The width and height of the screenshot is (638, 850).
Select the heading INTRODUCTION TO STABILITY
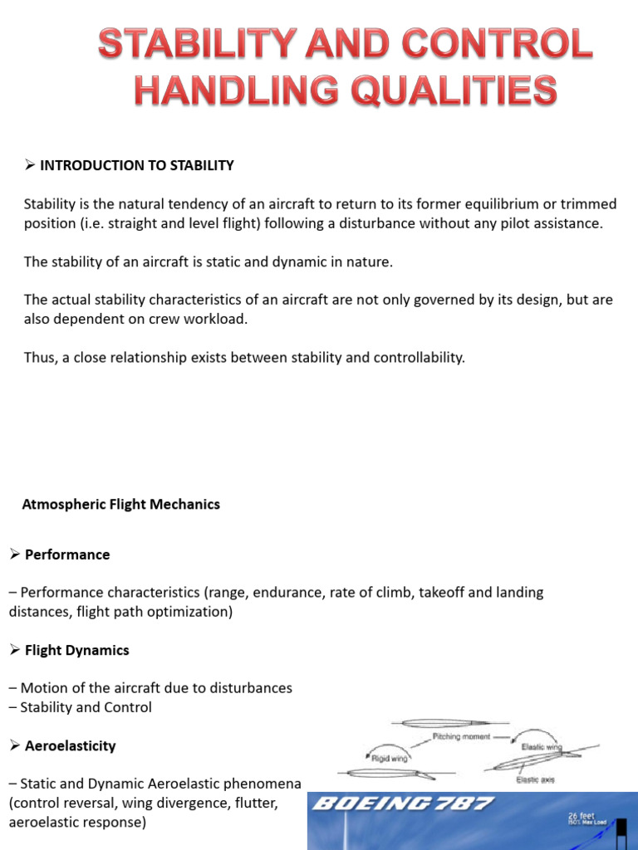click(137, 165)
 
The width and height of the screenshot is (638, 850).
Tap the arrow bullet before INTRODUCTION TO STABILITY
click(29, 165)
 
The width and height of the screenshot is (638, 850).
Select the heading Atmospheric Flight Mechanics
click(120, 504)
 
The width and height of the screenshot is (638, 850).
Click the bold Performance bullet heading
click(67, 554)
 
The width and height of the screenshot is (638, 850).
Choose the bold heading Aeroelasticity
click(70, 745)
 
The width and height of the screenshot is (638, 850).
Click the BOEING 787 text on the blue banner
click(404, 804)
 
